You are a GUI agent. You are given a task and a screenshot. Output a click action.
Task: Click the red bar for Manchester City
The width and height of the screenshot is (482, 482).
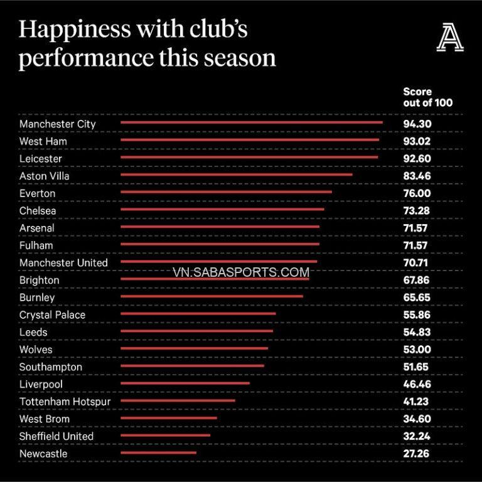[251, 123]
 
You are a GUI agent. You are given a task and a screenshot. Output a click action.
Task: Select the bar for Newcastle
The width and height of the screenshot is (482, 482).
[158, 453]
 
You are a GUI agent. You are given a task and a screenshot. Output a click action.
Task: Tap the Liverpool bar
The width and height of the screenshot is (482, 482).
[185, 383]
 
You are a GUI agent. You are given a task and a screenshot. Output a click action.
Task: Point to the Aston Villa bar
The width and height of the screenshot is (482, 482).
[236, 175]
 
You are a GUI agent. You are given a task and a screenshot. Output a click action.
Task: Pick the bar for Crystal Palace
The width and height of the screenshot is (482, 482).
[198, 314]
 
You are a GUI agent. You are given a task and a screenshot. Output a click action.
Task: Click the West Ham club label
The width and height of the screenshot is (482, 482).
[43, 141]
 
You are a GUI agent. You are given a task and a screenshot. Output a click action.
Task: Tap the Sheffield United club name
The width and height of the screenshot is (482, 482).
[56, 436]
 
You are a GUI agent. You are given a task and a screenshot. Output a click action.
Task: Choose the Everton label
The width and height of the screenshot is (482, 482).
[37, 193]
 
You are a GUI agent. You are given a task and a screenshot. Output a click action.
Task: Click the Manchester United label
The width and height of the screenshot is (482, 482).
[63, 262]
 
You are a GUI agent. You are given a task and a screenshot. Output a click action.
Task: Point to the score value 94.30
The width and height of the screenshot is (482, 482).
[417, 124]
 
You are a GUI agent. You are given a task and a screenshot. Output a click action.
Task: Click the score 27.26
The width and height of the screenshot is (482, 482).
[417, 453]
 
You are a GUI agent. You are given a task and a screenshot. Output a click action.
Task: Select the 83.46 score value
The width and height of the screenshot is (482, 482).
[417, 176]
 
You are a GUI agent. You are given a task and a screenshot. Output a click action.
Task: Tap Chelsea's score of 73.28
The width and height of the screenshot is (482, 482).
[417, 210]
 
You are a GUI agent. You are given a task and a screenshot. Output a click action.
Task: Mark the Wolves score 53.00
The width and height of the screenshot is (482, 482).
[417, 350]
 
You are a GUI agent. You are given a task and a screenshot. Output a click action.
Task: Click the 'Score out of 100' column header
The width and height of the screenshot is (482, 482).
[427, 97]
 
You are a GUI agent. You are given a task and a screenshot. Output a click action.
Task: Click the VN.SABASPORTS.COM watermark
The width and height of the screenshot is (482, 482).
[240, 272]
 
